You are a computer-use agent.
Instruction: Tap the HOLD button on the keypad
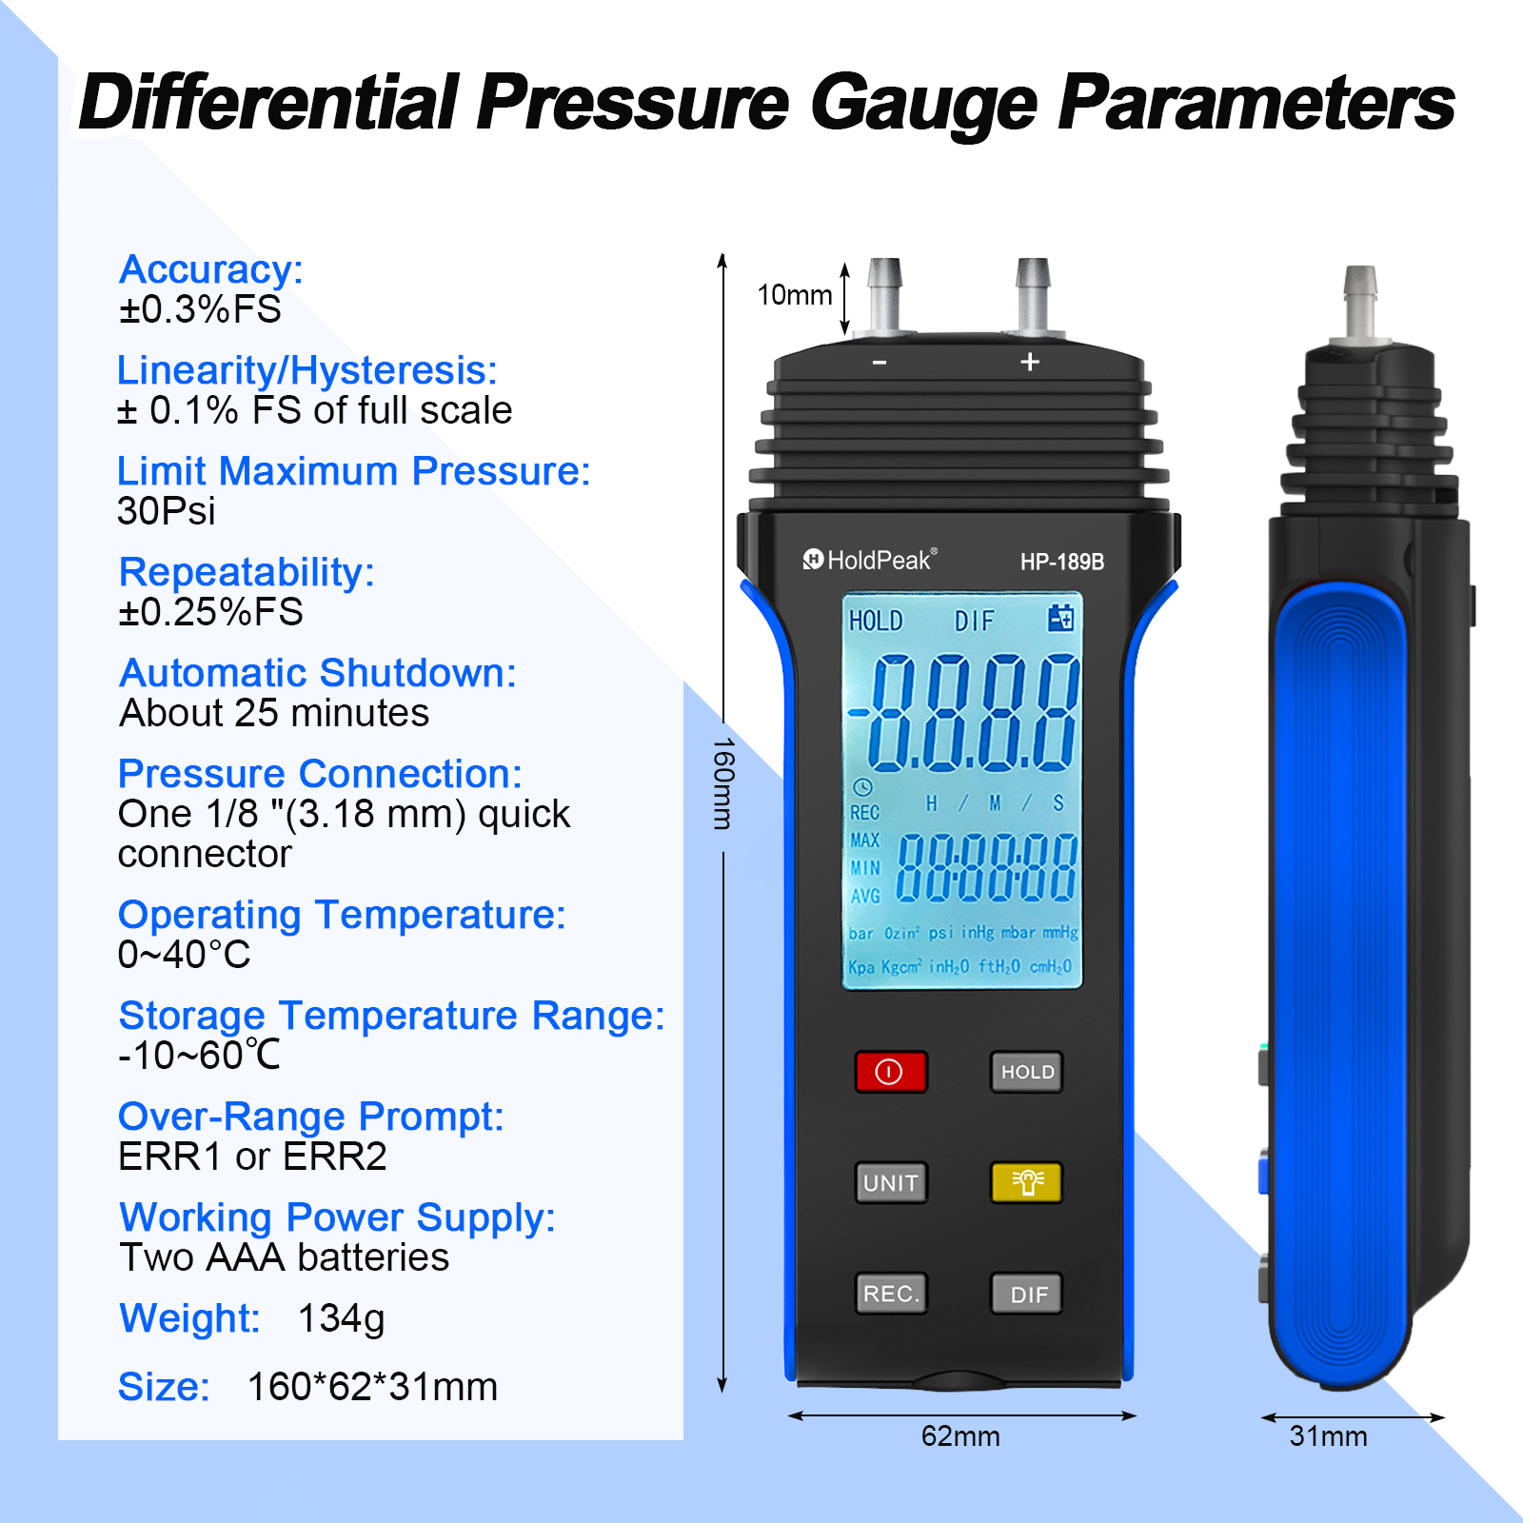[1026, 1072]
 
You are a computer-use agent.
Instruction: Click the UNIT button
[891, 1182]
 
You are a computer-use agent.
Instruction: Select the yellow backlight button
[1026, 1182]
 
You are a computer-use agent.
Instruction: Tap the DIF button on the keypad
[1026, 1294]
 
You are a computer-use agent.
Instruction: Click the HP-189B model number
[1062, 562]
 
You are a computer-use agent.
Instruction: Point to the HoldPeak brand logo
[870, 560]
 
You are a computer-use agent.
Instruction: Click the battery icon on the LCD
[1060, 618]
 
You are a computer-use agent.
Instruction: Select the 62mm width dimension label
[960, 1435]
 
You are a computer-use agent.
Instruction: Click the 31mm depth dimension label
[1328, 1435]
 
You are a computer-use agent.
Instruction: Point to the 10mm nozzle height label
[795, 295]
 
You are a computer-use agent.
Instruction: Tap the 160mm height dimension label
[723, 783]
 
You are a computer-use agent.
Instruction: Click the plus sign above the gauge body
[1030, 362]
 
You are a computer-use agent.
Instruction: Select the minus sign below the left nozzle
[880, 363]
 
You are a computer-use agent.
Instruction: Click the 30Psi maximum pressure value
[167, 511]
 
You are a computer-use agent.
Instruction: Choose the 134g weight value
[341, 1319]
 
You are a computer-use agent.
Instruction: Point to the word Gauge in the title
[923, 104]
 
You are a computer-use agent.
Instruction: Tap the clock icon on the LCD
[862, 787]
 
